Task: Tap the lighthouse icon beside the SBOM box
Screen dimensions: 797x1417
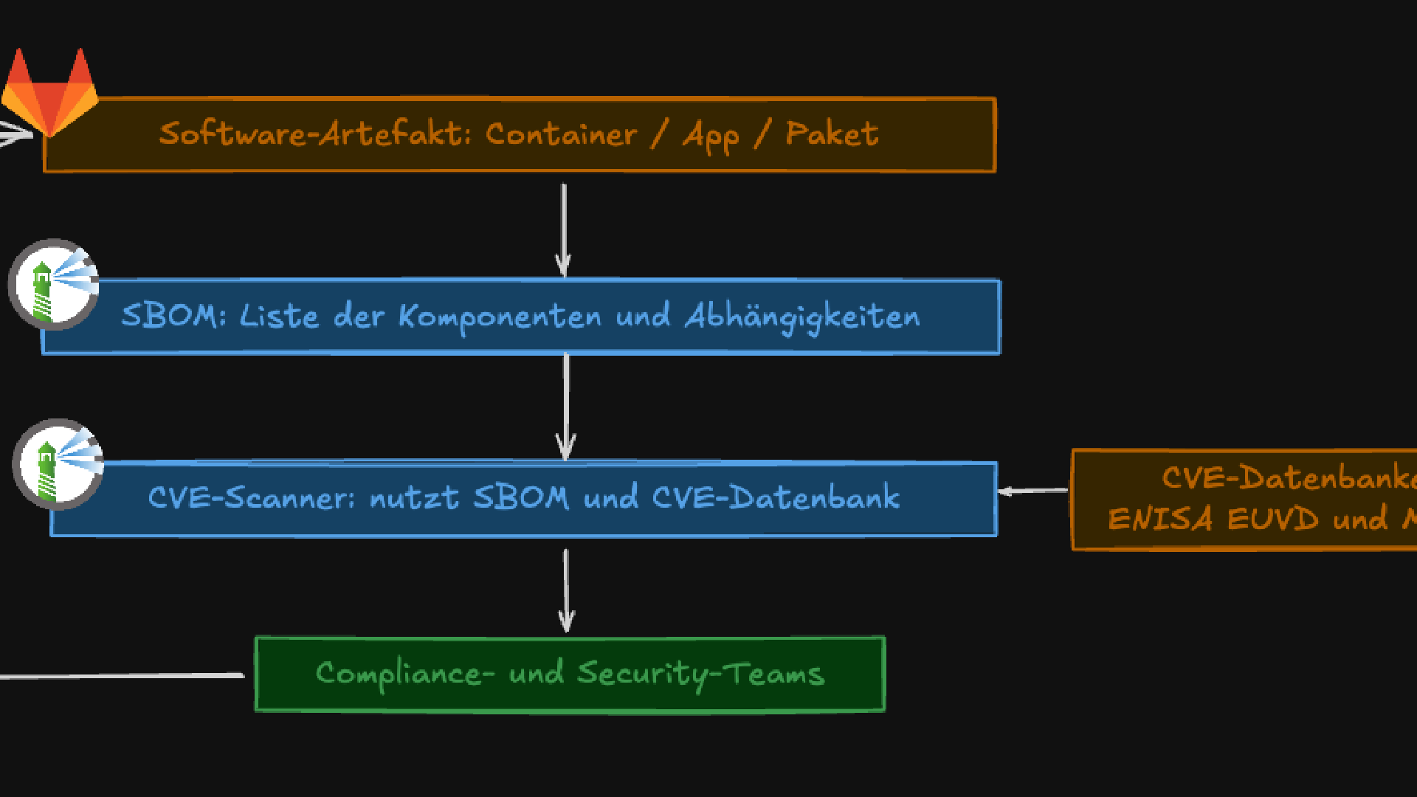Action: pyautogui.click(x=53, y=284)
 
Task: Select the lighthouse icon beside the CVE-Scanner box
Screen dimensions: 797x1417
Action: pyautogui.click(x=58, y=464)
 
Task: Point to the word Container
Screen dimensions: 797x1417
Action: pyautogui.click(x=561, y=134)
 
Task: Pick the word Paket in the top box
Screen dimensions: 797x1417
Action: pyautogui.click(x=832, y=134)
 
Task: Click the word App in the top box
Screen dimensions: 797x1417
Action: pyautogui.click(x=711, y=137)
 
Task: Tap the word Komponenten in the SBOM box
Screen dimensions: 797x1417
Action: pyautogui.click(x=500, y=317)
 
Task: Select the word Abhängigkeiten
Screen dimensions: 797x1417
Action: pyautogui.click(x=802, y=317)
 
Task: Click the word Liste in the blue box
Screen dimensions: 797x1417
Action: pyautogui.click(x=279, y=316)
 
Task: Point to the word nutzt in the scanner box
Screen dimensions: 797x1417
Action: pyautogui.click(x=413, y=497)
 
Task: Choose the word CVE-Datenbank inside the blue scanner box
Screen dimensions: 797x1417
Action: pyautogui.click(x=776, y=497)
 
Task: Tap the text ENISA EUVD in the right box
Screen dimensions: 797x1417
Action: pyautogui.click(x=1213, y=519)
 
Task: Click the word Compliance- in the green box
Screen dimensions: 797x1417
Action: pyautogui.click(x=404, y=674)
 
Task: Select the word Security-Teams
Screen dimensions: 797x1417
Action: pyautogui.click(x=700, y=674)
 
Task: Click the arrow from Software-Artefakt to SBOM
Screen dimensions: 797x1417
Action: pyautogui.click(x=563, y=229)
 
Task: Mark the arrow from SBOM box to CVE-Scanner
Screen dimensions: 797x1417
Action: pyautogui.click(x=565, y=406)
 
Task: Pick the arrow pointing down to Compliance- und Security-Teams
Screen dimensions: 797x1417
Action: pyautogui.click(x=566, y=590)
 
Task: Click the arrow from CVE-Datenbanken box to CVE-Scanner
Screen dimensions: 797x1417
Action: pyautogui.click(x=1033, y=490)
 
